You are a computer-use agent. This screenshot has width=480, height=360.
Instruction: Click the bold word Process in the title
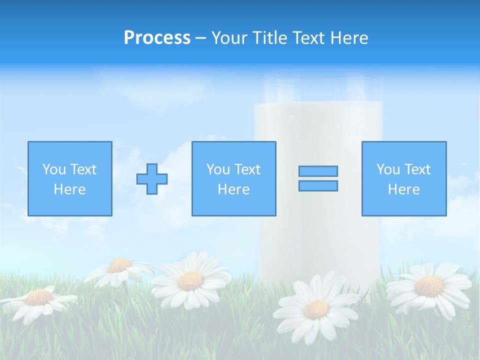pos(157,38)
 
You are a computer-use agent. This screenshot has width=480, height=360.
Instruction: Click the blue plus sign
pos(152,178)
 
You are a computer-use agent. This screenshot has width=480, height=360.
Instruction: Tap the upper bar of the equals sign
pos(318,171)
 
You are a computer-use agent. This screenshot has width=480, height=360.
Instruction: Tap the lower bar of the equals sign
pos(318,185)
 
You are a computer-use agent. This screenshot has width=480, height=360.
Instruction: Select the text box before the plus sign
pos(69,178)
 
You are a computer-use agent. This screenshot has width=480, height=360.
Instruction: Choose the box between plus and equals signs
pos(233,178)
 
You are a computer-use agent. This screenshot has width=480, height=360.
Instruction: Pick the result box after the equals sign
pos(403,178)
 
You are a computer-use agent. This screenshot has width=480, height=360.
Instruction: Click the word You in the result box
pos(388,169)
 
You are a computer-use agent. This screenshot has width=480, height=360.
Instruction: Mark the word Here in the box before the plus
pos(69,189)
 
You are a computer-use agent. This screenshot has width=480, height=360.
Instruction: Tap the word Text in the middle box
pos(247,169)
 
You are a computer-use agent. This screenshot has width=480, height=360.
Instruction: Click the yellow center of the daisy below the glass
pos(316,309)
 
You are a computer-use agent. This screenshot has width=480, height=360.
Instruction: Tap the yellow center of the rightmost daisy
pos(429,286)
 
